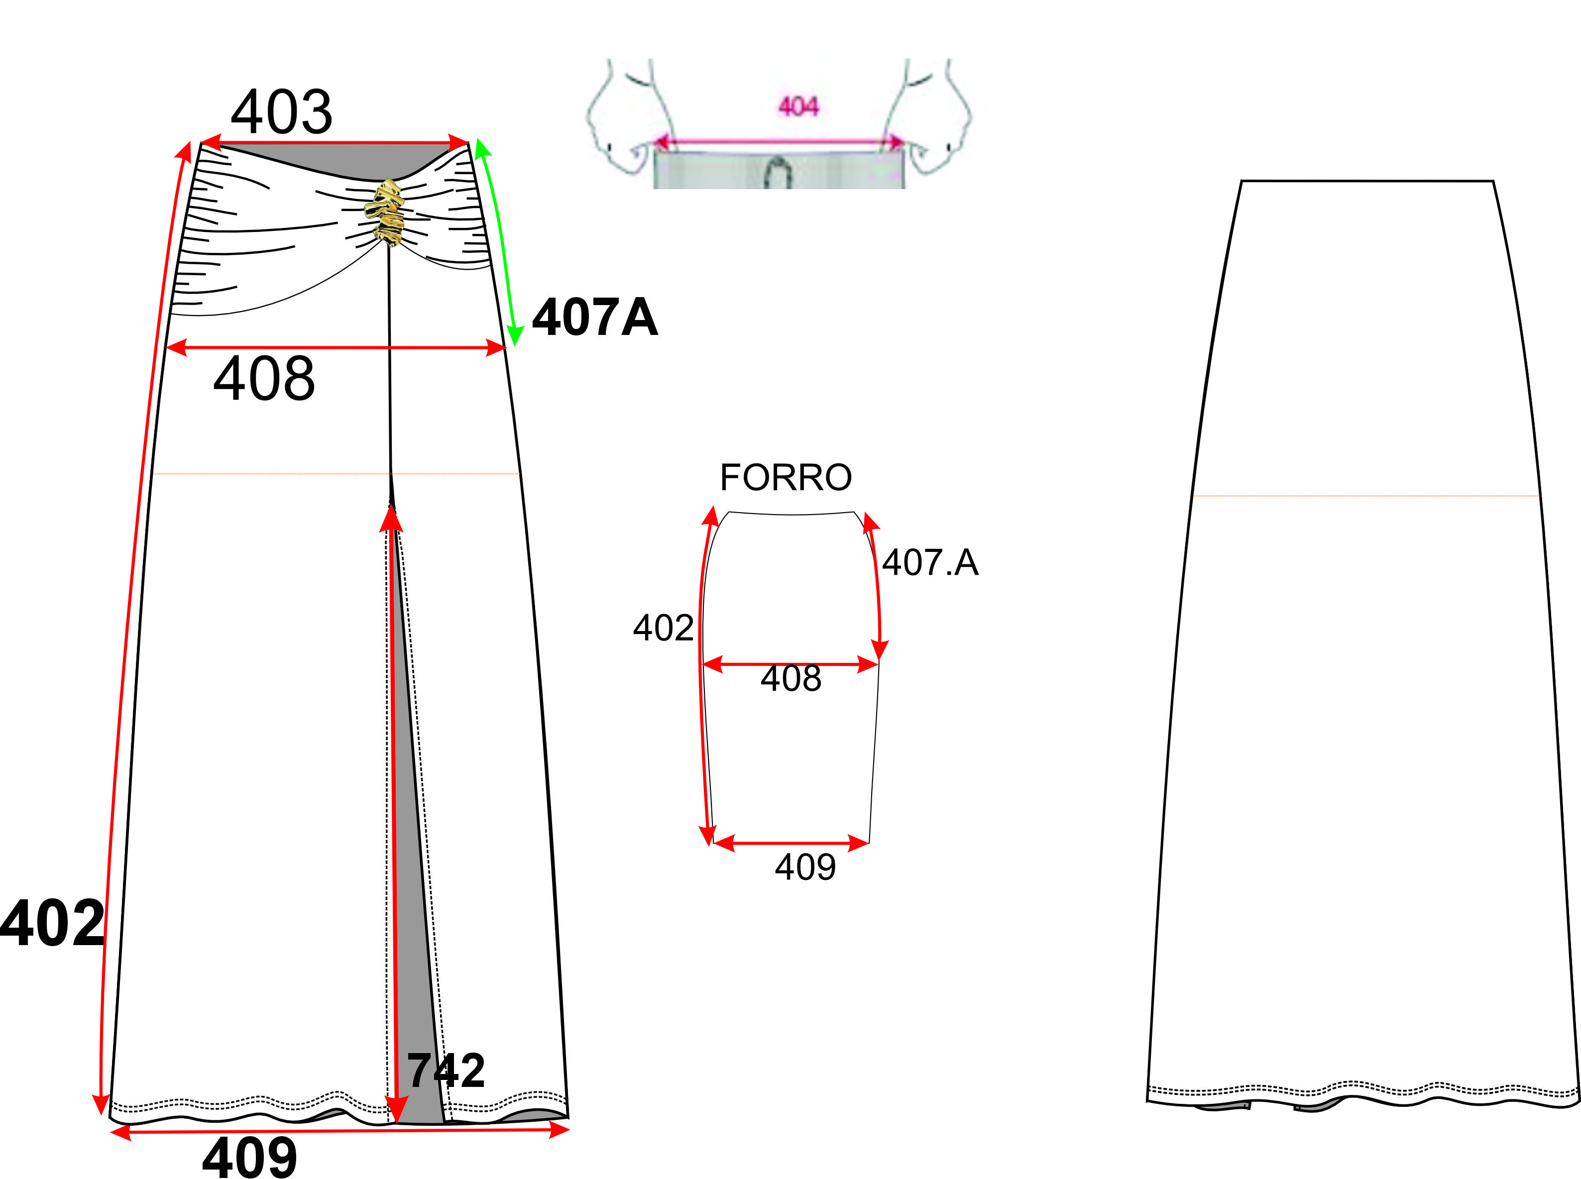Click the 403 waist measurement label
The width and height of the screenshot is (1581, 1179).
tap(281, 112)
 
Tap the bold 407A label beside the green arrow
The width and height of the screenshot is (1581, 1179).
tap(594, 317)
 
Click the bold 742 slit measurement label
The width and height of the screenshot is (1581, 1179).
tap(446, 1071)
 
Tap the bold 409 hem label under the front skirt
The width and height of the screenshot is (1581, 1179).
tap(250, 1158)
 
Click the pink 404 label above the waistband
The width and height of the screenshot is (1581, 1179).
tap(798, 107)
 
